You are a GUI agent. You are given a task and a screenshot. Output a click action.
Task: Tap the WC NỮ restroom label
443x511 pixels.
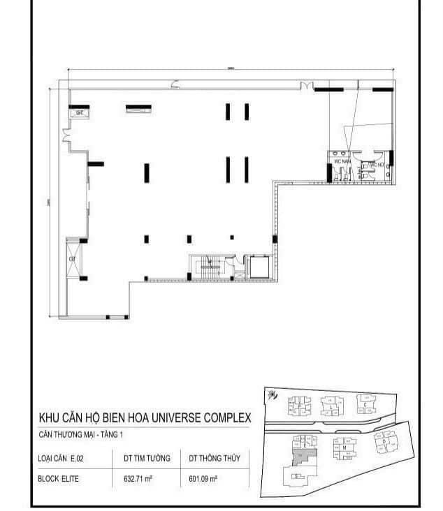pyautogui.click(x=377, y=165)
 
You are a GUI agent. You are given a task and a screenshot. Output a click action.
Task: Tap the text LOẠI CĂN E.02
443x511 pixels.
pyautogui.click(x=58, y=459)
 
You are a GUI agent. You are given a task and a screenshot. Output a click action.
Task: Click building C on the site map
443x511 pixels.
pyautogui.click(x=365, y=403)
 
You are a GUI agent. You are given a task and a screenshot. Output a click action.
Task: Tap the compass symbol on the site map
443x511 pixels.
pyautogui.click(x=271, y=395)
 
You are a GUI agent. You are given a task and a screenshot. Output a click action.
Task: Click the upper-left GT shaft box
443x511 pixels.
pyautogui.click(x=78, y=112)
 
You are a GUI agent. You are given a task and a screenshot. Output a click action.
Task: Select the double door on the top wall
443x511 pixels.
pyautogui.click(x=305, y=85)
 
